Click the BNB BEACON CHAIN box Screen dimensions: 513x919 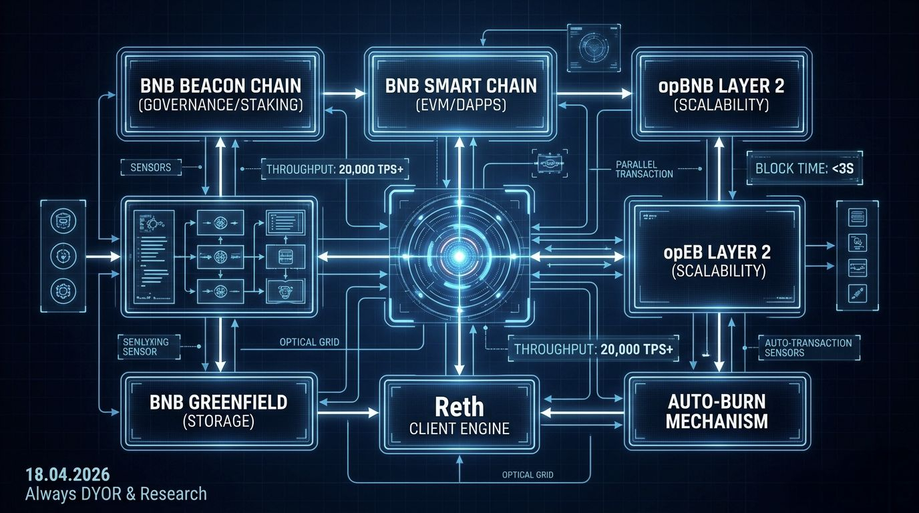220,95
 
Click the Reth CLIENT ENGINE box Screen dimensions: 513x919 459,415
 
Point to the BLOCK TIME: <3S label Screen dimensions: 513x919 803,168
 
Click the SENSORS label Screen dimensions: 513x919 152,168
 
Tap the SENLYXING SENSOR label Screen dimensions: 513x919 146,346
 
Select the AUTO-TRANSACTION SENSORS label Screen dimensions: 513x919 808,347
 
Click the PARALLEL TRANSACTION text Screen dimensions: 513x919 645,169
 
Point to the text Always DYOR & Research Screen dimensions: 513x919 116,494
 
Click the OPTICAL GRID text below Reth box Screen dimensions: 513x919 527,475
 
